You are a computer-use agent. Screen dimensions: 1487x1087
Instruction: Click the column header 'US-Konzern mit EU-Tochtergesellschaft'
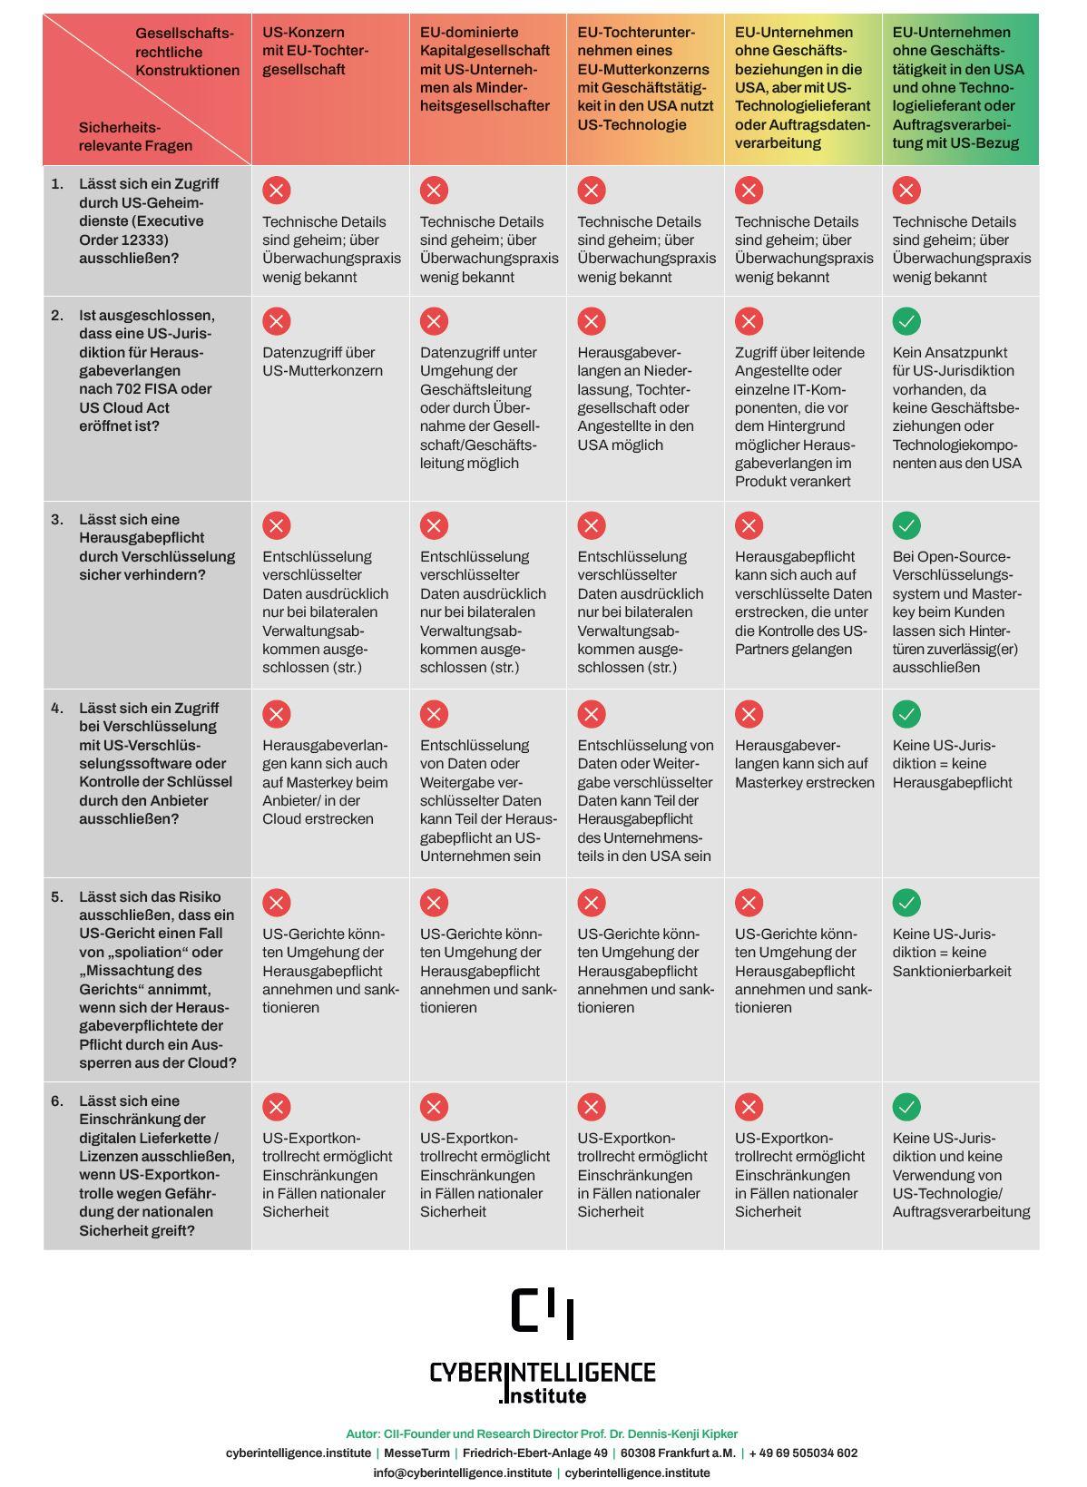(316, 51)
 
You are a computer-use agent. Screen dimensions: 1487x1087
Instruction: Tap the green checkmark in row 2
(906, 321)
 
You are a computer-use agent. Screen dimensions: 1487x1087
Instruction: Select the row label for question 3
(156, 547)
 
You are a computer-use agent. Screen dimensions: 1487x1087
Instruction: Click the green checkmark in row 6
(906, 1107)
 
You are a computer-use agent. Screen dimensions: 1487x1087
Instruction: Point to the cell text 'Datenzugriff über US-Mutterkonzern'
(322, 361)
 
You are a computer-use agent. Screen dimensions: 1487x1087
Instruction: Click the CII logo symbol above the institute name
(543, 1313)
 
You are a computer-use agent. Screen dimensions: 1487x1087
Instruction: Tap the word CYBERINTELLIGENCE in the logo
(542, 1372)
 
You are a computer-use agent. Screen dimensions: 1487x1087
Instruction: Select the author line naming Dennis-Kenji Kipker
(542, 1433)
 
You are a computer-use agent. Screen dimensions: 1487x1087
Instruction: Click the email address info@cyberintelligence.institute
(462, 1472)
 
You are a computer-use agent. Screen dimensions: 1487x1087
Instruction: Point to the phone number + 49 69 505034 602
(803, 1453)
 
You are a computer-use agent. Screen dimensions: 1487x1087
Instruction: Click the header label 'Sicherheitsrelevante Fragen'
(135, 136)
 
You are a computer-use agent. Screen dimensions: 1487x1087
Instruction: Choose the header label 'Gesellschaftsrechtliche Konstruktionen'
(187, 52)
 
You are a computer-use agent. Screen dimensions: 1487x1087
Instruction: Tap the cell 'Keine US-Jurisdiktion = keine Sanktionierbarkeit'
(951, 953)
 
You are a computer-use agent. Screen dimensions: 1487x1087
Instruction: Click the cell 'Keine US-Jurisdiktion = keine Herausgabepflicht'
(951, 764)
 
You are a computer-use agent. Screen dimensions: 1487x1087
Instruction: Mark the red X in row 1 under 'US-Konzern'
(277, 191)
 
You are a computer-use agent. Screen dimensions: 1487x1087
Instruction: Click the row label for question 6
(156, 1166)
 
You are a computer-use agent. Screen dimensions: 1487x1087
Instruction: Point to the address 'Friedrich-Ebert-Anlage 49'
(534, 1453)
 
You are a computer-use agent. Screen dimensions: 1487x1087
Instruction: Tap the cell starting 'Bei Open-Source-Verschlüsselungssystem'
(956, 611)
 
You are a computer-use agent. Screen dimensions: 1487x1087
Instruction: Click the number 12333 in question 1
(145, 240)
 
